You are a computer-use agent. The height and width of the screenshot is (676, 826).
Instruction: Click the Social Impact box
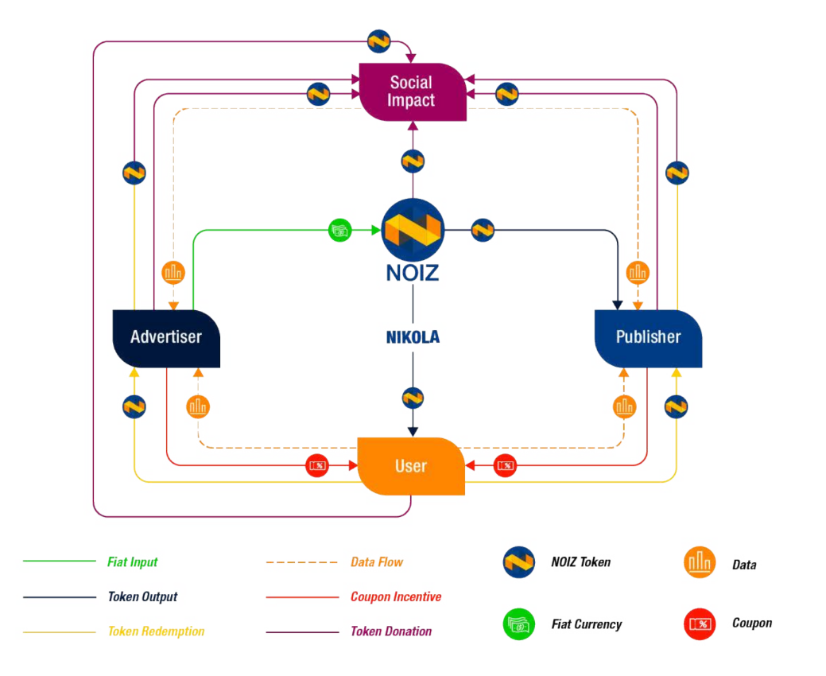point(412,91)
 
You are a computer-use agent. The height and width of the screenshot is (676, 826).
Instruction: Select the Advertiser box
point(165,337)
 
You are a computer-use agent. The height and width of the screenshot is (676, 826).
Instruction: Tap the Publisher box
point(648,337)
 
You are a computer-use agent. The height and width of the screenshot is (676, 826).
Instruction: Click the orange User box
point(411,466)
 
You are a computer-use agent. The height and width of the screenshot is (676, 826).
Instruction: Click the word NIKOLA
point(413,337)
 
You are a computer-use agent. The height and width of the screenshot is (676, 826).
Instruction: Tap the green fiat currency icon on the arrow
point(340,231)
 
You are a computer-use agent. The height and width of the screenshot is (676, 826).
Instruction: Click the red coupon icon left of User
point(317,465)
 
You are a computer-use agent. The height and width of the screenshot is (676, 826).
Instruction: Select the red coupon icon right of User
point(505,465)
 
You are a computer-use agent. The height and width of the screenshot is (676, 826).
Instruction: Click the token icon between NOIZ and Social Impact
point(413,161)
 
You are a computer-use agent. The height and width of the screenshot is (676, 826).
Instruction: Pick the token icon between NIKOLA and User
point(413,398)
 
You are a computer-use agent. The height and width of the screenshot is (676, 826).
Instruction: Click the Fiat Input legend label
point(132,562)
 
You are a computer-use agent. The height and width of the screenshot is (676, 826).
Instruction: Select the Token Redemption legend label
point(156,631)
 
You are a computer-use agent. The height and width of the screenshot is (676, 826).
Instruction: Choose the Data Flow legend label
point(376,562)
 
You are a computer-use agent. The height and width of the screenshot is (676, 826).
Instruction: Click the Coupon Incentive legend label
point(395,596)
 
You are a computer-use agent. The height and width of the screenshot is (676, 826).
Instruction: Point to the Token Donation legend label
point(390,631)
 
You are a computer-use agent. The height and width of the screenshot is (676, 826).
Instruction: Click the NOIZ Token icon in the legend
point(519,562)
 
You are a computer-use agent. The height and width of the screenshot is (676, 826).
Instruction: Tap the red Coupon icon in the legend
point(700,624)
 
